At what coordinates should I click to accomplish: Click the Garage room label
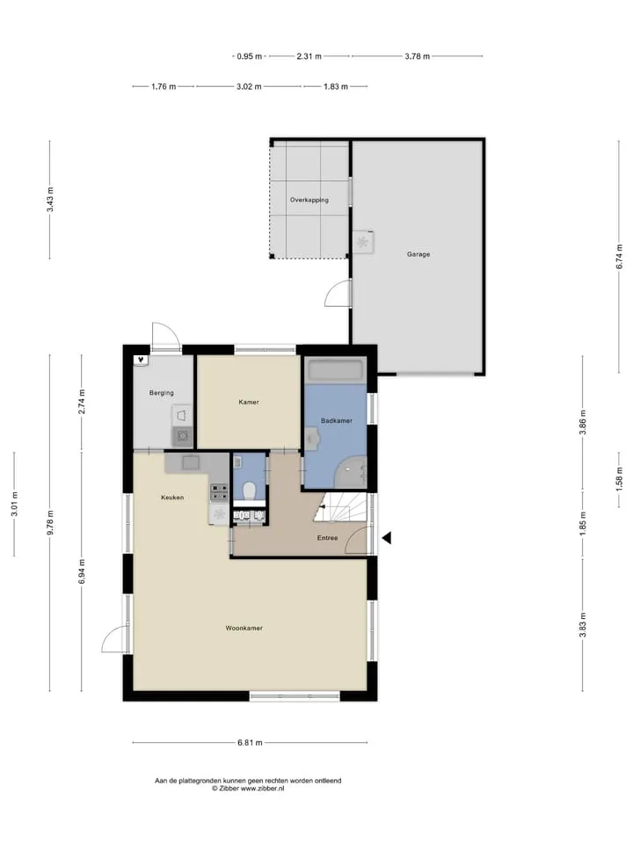(418, 254)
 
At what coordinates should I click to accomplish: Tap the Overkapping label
(309, 200)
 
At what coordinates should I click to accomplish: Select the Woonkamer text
(244, 628)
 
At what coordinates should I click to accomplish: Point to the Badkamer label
(337, 421)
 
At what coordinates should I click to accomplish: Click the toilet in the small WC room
(249, 491)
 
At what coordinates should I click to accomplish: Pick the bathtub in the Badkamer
(335, 370)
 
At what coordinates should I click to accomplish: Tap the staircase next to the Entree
(341, 507)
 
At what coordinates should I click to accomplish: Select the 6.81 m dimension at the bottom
(250, 743)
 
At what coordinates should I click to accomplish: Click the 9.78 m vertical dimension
(50, 522)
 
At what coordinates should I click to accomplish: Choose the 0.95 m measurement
(249, 56)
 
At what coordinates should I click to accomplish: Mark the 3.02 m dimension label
(249, 86)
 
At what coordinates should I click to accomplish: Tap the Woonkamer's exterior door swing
(115, 639)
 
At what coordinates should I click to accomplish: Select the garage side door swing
(338, 294)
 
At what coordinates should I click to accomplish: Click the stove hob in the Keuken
(219, 492)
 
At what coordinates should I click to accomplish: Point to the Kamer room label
(249, 402)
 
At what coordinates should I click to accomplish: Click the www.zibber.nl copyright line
(248, 789)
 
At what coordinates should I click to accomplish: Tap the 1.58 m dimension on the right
(620, 476)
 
